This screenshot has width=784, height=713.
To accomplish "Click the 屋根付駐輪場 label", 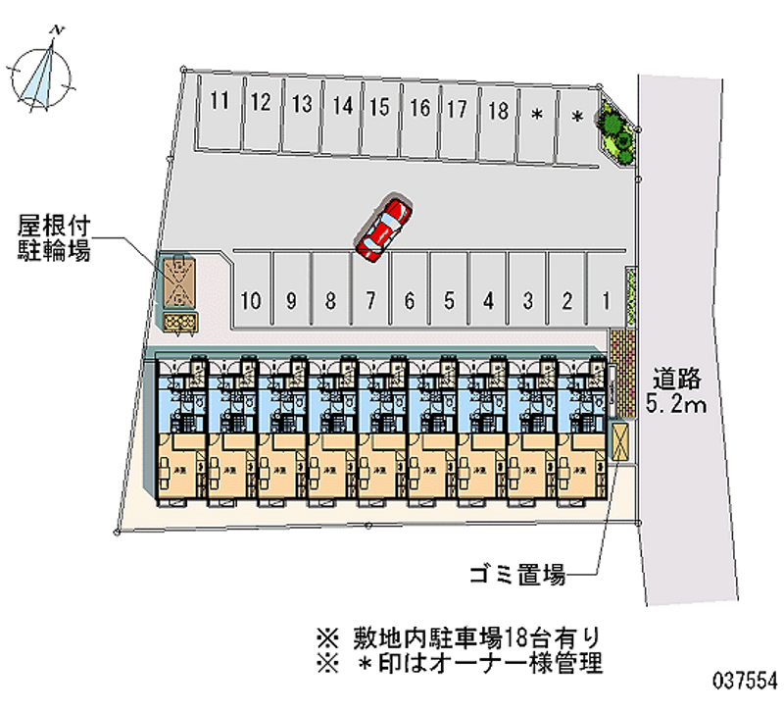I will click(x=54, y=238).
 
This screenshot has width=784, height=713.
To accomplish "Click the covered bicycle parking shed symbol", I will click(x=179, y=282).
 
